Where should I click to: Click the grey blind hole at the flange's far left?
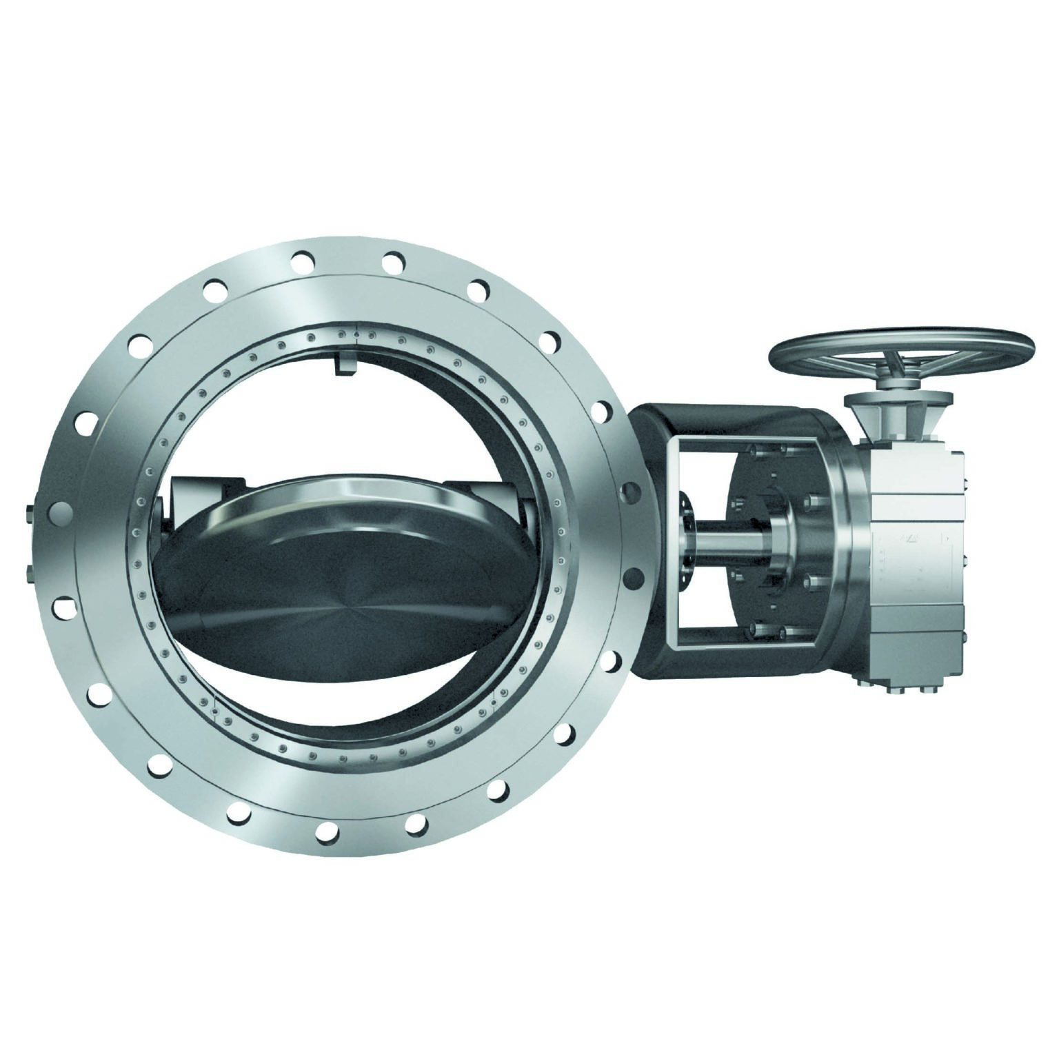tap(58, 514)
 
